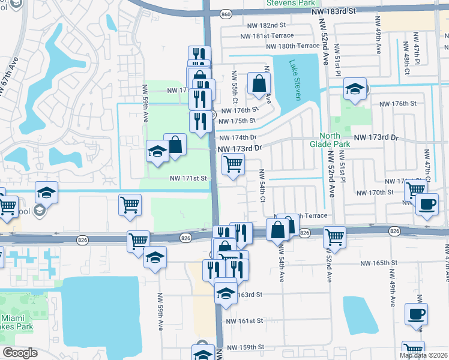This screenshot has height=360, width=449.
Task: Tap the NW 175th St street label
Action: click(239, 121)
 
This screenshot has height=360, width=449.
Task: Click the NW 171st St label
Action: click(188, 178)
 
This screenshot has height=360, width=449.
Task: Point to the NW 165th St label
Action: click(381, 263)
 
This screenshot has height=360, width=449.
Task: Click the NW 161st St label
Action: click(244, 321)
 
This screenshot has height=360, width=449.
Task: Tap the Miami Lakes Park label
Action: click(17, 322)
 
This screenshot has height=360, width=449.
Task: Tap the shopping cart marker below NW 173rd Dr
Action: click(233, 163)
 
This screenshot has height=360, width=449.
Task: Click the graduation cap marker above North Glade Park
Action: click(355, 89)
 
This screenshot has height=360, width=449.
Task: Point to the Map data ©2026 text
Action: click(423, 355)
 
